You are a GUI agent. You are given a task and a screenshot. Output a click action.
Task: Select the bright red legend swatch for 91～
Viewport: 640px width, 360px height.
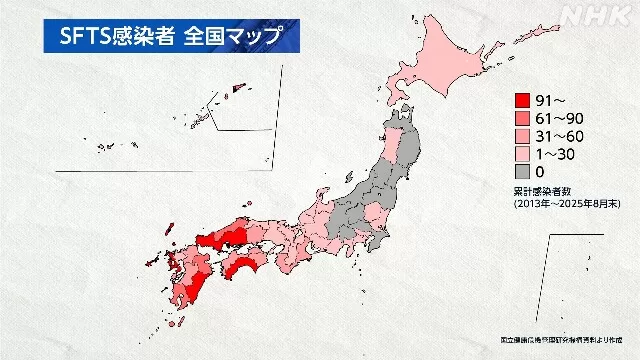pyautogui.click(x=522, y=101)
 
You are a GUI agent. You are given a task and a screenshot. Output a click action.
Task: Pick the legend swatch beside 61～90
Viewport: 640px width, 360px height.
pyautogui.click(x=522, y=118)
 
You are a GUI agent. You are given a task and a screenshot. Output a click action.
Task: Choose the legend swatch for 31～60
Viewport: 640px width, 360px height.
pyautogui.click(x=522, y=136)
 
